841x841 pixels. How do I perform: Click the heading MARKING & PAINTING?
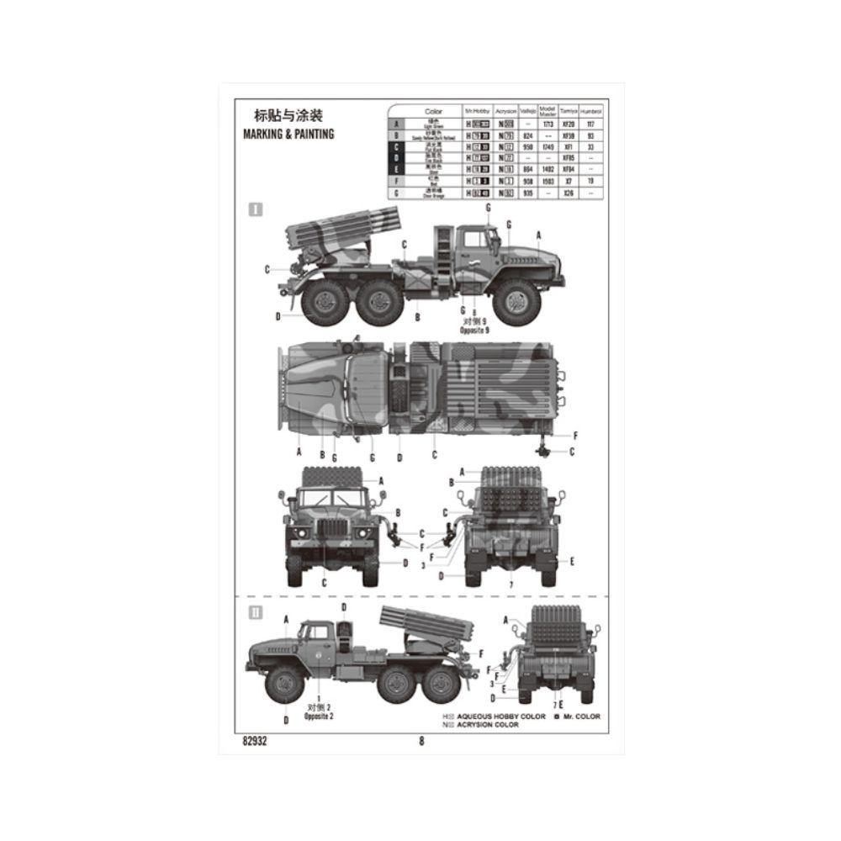click(x=288, y=134)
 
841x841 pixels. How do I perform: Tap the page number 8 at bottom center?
click(x=421, y=741)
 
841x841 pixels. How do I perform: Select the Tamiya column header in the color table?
click(x=569, y=111)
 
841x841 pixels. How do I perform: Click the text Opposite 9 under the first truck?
click(x=474, y=331)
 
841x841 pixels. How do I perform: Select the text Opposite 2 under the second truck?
click(x=320, y=716)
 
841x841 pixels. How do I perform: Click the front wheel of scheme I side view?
click(x=516, y=301)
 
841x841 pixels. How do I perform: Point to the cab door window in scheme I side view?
click(x=474, y=241)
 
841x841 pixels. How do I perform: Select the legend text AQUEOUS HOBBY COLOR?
click(x=505, y=717)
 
